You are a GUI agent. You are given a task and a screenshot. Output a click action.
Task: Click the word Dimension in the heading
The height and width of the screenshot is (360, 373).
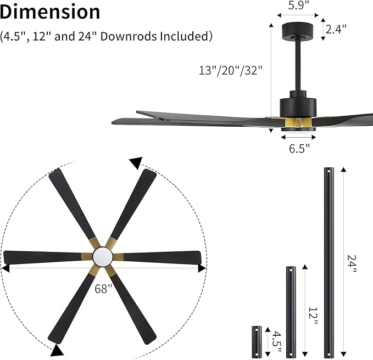pyautogui.click(x=51, y=12)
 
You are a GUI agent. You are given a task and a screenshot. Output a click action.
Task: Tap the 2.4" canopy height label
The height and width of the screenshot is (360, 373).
pyautogui.click(x=336, y=29)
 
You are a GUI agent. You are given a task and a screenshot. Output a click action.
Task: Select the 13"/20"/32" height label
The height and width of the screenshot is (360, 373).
pyautogui.click(x=231, y=70)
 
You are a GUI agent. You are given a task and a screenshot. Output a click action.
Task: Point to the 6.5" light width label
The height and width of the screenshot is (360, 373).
pyautogui.click(x=299, y=147)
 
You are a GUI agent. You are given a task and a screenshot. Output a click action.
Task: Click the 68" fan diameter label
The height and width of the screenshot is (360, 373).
pyautogui.click(x=103, y=289)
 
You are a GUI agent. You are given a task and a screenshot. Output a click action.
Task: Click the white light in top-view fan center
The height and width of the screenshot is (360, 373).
pyautogui.click(x=103, y=256)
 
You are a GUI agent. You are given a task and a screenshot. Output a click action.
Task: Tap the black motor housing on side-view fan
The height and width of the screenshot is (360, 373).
pyautogui.click(x=298, y=105)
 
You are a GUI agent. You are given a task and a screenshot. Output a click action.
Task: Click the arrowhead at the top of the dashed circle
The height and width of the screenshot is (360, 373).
pyautogui.click(x=136, y=162)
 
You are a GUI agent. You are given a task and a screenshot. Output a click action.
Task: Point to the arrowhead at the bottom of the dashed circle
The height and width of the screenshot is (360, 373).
pyautogui.click(x=58, y=350)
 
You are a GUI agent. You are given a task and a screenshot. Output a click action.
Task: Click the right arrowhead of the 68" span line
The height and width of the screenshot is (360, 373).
pyautogui.click(x=202, y=268)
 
